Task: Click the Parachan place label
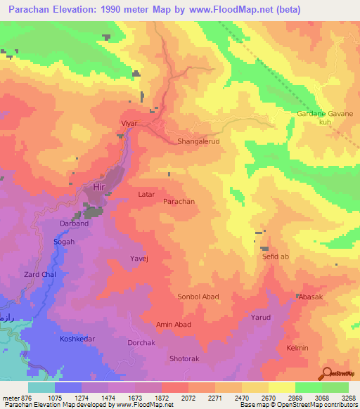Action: tap(179, 201)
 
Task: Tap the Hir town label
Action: tap(98, 187)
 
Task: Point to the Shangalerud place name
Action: tap(198, 141)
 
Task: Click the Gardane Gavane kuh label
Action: tap(324, 117)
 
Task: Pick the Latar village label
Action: tap(146, 194)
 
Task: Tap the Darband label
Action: tap(75, 224)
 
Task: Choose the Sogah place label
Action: tap(64, 242)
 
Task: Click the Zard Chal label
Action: tap(40, 274)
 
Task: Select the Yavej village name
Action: tap(139, 259)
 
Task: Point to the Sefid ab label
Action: tap(276, 257)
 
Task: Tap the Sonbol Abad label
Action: tap(198, 297)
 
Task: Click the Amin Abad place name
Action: tap(173, 324)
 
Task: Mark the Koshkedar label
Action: tap(77, 339)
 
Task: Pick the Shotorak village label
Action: tap(185, 358)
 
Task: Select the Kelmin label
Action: tap(297, 348)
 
